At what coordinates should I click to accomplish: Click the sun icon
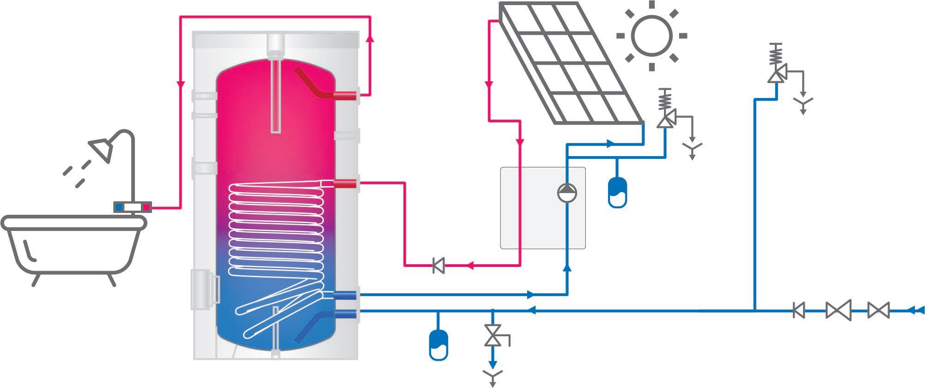click(x=651, y=36)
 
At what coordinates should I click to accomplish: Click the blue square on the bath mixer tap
click(x=120, y=207)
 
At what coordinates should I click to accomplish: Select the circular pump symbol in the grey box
click(x=568, y=193)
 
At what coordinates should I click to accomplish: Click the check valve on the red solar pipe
click(x=438, y=266)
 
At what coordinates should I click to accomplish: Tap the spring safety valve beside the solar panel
click(x=666, y=111)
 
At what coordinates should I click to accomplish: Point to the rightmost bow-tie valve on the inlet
click(x=878, y=310)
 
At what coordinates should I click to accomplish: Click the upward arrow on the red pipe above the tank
click(x=370, y=39)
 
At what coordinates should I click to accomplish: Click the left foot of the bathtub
click(x=35, y=280)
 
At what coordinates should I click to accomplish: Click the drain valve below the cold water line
click(x=493, y=336)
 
